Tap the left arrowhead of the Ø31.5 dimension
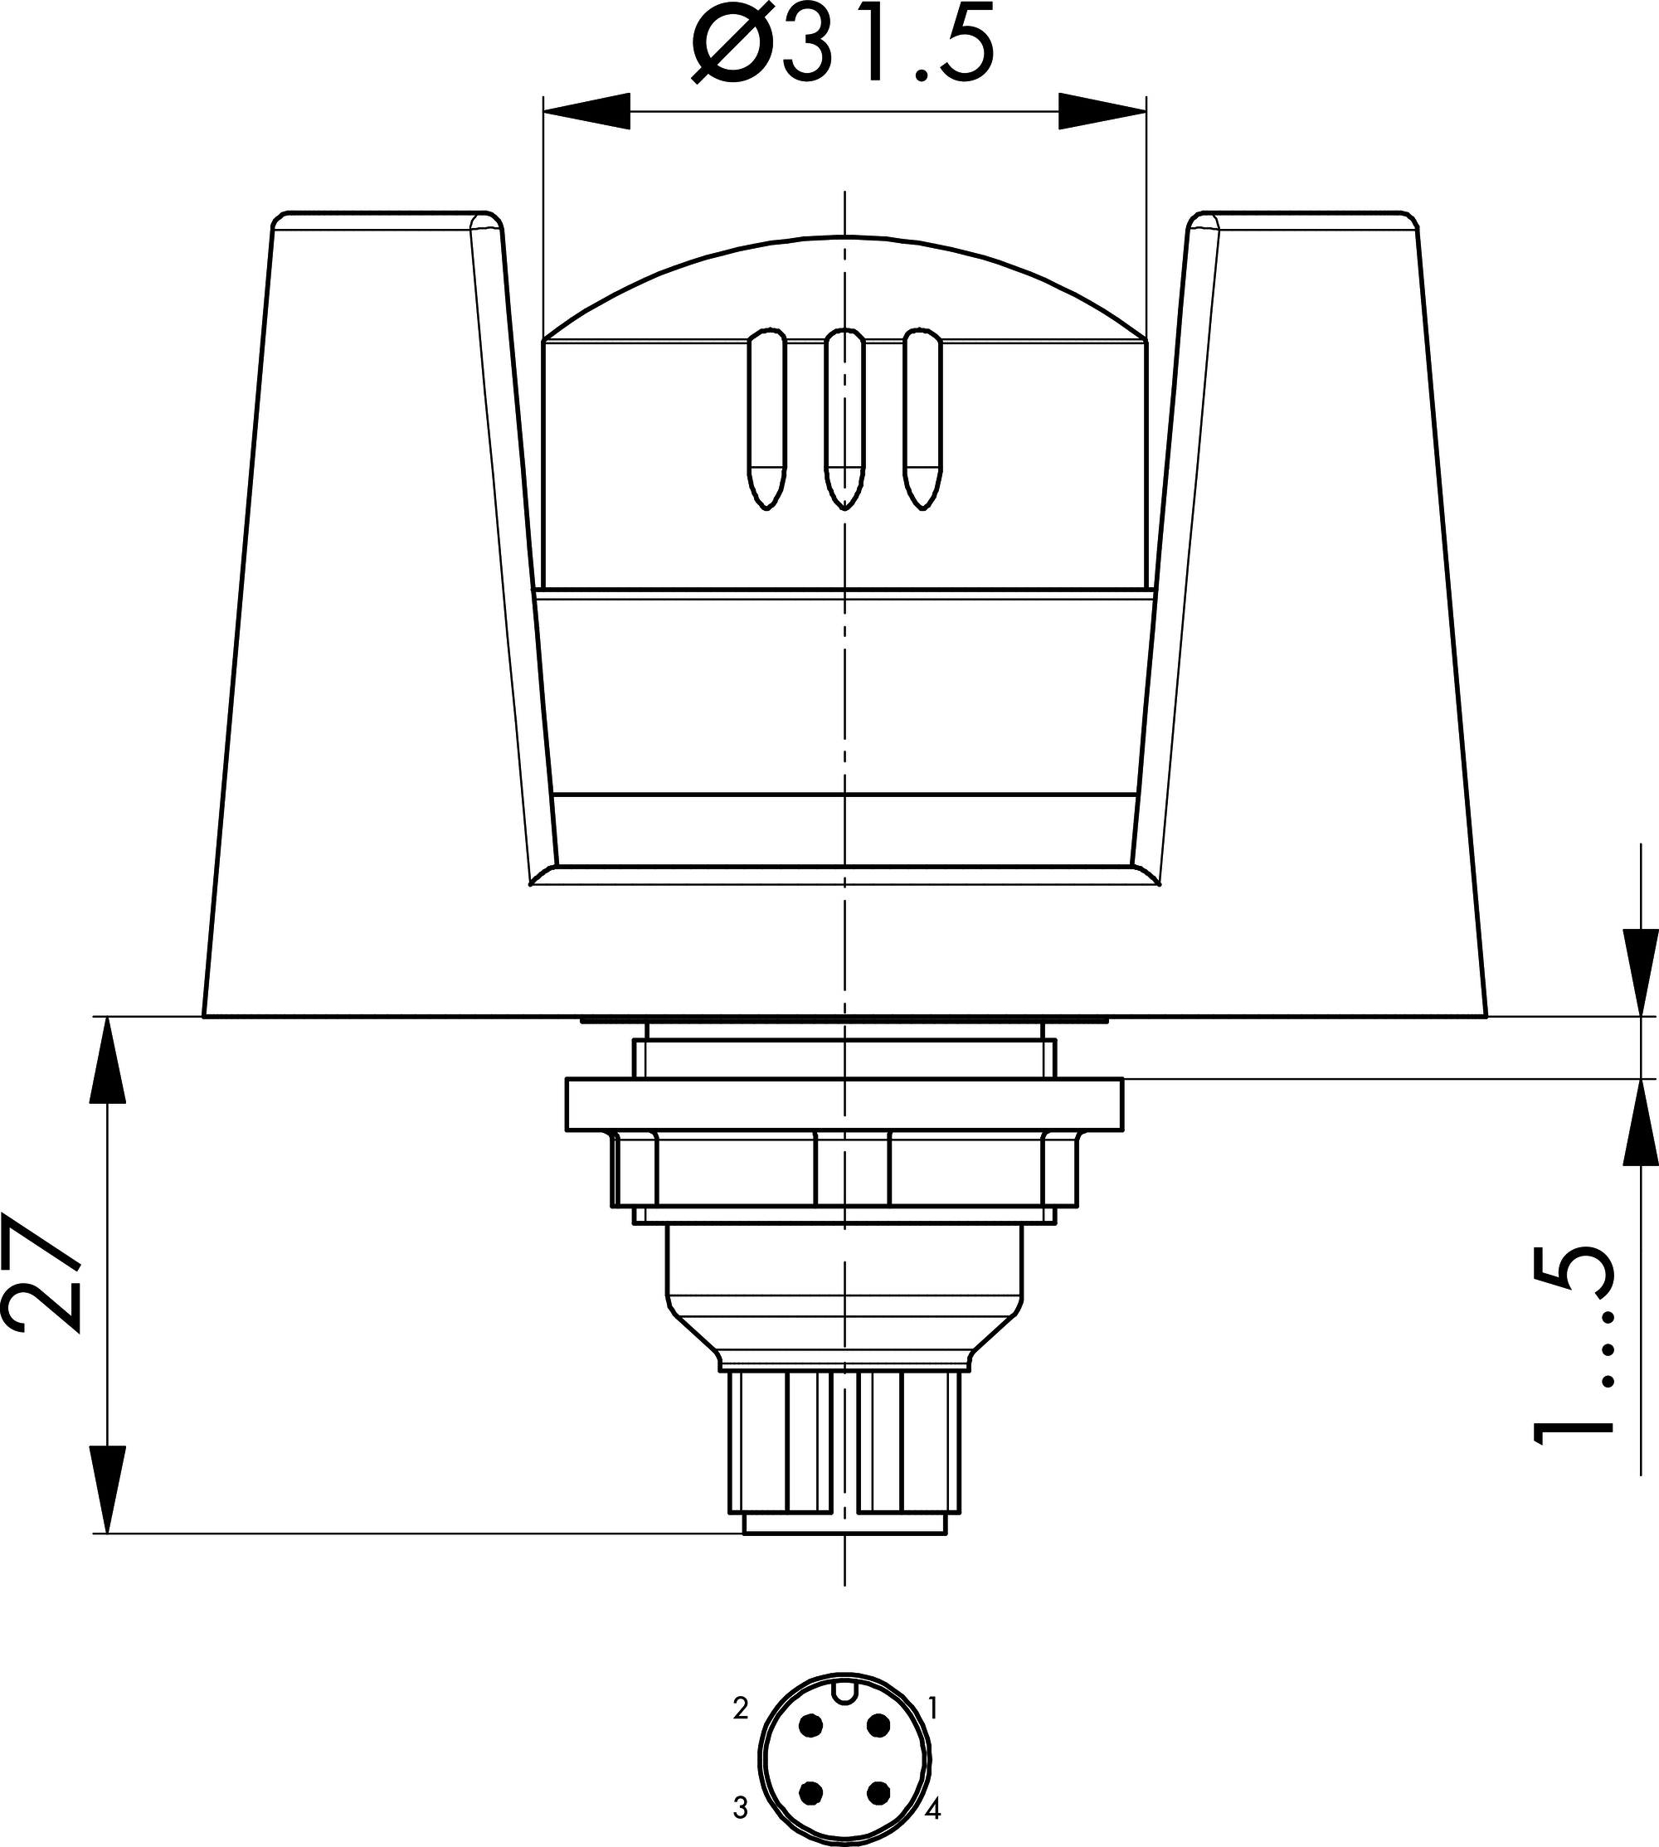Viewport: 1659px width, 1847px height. [586, 111]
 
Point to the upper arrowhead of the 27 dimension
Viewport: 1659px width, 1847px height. [108, 1059]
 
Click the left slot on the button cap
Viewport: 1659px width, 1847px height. [766, 418]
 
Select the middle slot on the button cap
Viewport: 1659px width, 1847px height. [845, 418]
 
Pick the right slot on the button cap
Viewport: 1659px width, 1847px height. [923, 418]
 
